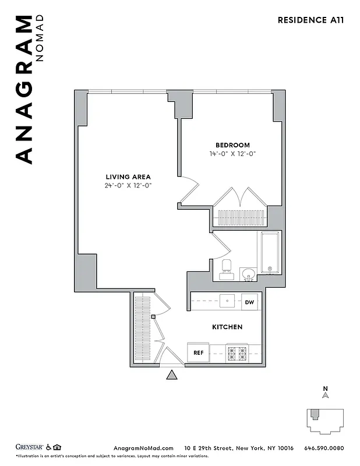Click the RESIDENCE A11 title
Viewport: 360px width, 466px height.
[x=310, y=19]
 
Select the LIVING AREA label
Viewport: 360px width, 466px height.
[x=128, y=176]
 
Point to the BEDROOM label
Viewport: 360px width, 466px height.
[x=232, y=145]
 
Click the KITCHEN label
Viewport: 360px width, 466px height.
[x=227, y=327]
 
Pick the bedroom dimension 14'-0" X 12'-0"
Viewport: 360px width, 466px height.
[x=232, y=154]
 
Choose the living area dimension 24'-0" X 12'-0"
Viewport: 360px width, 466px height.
[x=128, y=185]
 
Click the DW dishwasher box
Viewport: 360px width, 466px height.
[x=249, y=302]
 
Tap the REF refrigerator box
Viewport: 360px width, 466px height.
[x=197, y=352]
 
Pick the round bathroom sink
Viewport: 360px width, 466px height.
[x=249, y=274]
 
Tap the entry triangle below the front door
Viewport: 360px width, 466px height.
[x=172, y=375]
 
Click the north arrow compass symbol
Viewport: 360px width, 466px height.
[x=326, y=395]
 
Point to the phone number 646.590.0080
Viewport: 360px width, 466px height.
[x=324, y=448]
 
